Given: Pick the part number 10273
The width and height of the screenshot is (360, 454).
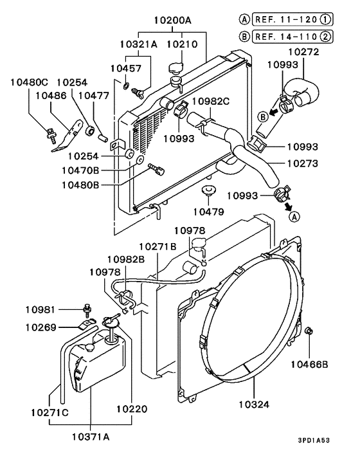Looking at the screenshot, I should [303, 163].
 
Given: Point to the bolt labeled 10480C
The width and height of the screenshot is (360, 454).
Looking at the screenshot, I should [50, 134].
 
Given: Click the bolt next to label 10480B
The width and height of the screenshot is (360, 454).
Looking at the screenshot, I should [156, 170].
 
